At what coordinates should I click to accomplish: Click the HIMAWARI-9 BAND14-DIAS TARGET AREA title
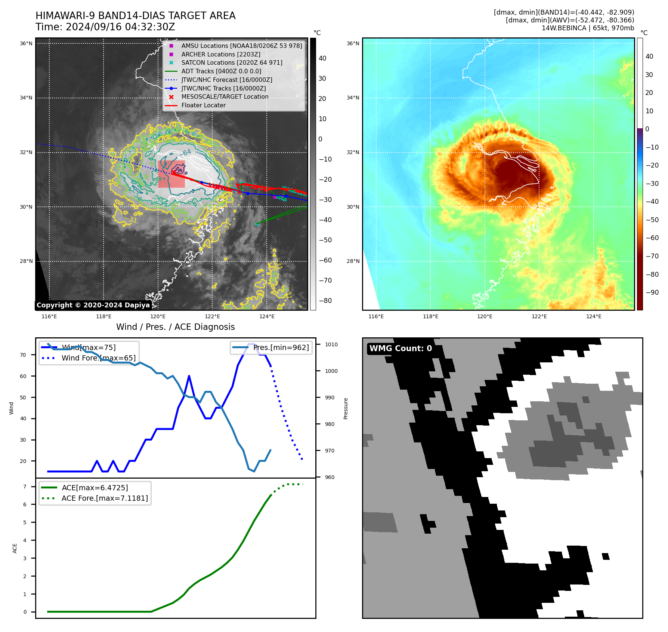135,16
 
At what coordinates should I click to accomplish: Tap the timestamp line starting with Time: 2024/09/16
105,27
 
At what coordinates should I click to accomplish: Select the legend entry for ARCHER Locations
220,54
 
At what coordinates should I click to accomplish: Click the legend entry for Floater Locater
203,105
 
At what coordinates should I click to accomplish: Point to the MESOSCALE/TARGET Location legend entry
225,96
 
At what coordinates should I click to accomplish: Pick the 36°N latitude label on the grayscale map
26,43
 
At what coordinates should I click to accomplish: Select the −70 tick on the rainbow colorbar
652,256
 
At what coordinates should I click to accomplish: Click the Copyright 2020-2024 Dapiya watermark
93,305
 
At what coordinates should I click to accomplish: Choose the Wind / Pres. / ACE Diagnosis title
175,327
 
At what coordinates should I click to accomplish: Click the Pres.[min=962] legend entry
281,347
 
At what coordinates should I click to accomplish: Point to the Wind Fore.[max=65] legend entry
98,358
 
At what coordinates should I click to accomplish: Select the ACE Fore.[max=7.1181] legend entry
105,498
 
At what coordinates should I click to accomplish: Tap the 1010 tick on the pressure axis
331,344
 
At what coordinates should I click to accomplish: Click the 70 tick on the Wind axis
23,355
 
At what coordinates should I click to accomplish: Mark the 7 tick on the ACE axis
25,487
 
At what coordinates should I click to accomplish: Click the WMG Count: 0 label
401,348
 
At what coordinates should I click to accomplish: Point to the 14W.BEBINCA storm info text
588,28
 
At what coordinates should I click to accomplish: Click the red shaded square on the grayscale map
171,174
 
